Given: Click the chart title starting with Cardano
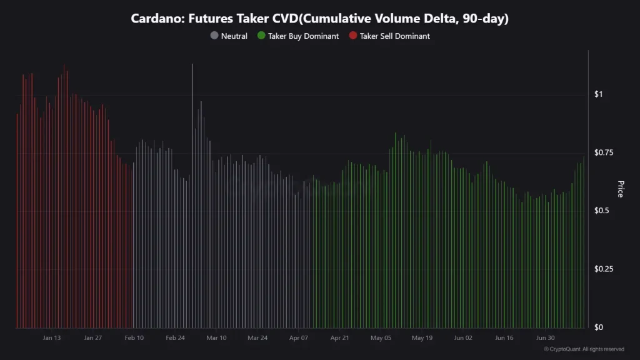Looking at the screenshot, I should click(319, 19).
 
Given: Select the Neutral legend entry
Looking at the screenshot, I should click(234, 36).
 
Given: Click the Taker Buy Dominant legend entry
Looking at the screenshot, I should click(303, 36).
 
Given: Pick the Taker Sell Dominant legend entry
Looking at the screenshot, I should click(394, 36).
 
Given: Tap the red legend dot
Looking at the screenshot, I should click(352, 36).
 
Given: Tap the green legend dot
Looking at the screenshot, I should click(261, 36).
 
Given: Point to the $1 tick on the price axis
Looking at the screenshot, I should click(598, 94).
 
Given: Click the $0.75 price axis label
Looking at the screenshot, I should click(602, 152).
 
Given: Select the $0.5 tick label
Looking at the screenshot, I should click(601, 211).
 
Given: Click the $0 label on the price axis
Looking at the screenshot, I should click(598, 327).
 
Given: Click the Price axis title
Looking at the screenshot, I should click(620, 189).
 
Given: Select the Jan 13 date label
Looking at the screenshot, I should click(52, 338).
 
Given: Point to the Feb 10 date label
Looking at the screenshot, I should click(134, 338).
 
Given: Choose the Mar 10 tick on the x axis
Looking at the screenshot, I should click(216, 338).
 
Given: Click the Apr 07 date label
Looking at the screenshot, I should click(299, 338).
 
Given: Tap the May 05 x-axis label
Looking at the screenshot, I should click(381, 338).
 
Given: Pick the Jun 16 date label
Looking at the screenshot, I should click(504, 338).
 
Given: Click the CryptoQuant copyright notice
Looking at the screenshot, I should click(584, 349).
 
